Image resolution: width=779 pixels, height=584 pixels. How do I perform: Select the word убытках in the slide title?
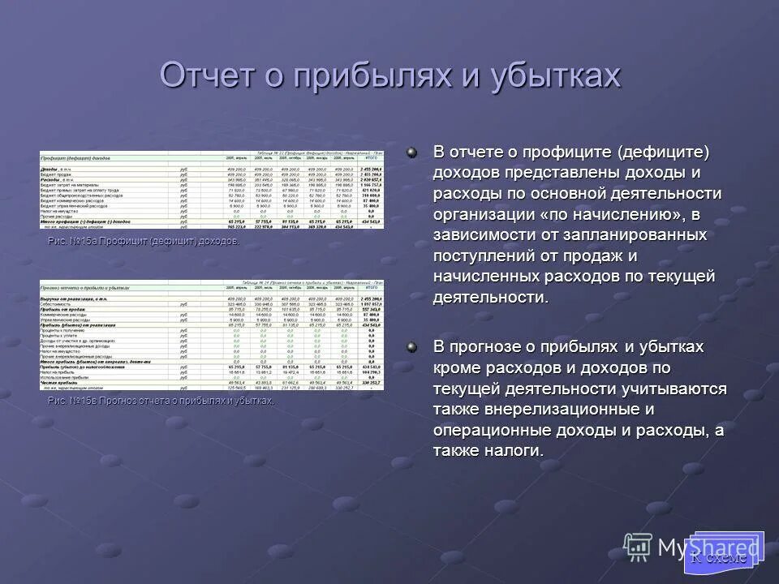(x=555, y=75)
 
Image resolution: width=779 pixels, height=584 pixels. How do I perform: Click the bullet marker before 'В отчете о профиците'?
(x=413, y=152)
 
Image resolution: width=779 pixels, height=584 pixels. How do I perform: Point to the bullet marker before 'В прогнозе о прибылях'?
(x=413, y=347)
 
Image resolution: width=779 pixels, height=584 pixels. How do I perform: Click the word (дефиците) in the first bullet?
(x=662, y=152)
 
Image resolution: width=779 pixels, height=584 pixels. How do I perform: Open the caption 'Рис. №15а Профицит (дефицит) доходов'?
(x=144, y=242)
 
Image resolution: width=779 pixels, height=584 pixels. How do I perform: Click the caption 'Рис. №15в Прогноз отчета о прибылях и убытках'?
(x=161, y=401)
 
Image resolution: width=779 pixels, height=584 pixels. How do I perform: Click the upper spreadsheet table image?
(x=212, y=189)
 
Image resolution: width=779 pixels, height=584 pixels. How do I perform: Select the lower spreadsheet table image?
(x=212, y=334)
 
